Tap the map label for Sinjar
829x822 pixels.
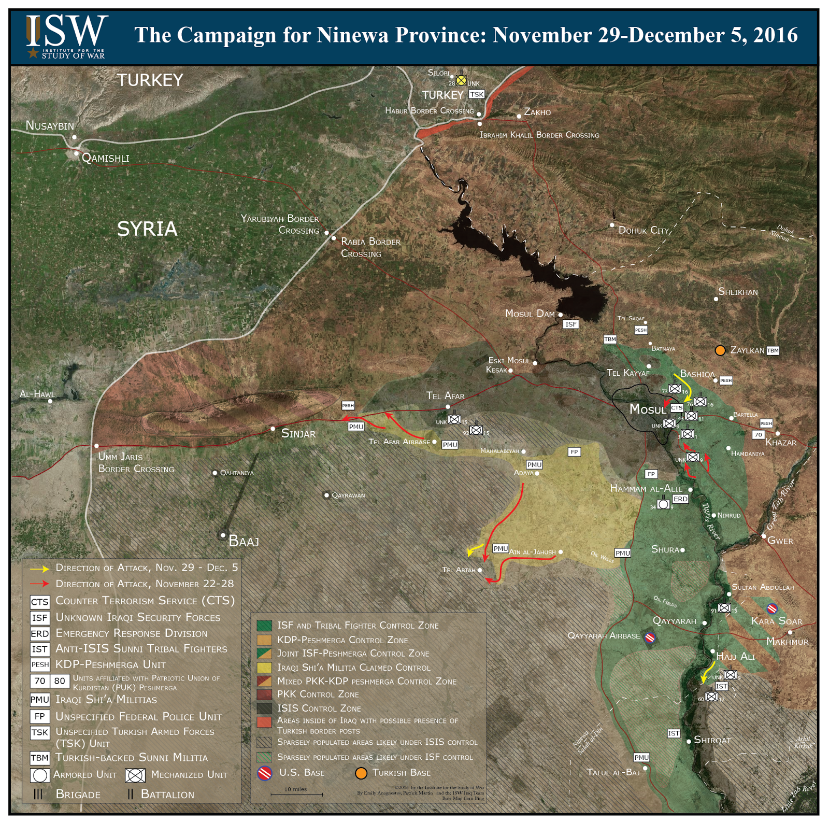298,433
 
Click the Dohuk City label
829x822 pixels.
644,230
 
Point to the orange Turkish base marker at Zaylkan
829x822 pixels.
720,350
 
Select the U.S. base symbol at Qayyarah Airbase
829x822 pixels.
650,637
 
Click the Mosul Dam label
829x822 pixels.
530,314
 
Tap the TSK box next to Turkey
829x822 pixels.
476,94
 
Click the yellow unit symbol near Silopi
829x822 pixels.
461,80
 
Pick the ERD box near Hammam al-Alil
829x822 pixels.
680,499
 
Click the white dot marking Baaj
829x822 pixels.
223,535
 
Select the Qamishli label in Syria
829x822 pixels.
106,158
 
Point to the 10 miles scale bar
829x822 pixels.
296,794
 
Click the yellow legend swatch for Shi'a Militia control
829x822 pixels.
264,668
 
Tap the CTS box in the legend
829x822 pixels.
40,602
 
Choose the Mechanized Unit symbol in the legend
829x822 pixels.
135,775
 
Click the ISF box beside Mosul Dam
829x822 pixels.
570,324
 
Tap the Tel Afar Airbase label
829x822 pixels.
399,442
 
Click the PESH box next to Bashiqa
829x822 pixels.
726,380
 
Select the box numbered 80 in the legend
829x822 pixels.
60,681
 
